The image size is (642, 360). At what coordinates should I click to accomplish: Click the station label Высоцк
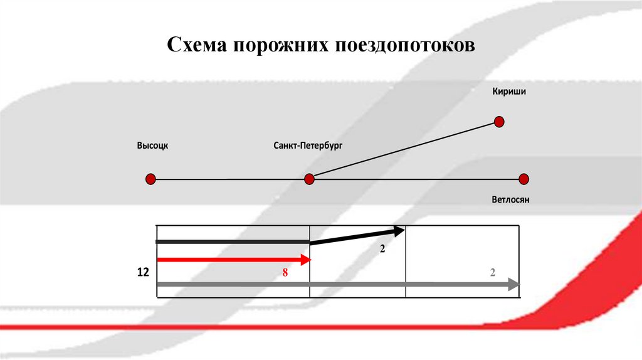[153, 146]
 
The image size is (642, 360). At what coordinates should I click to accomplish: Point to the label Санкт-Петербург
[308, 146]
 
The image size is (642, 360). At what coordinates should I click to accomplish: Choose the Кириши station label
[509, 92]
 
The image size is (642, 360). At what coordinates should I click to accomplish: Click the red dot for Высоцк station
[150, 179]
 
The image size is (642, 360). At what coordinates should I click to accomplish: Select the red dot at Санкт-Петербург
[309, 179]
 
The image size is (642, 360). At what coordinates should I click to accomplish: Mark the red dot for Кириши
[500, 121]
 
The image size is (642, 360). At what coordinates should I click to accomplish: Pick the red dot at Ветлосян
[524, 179]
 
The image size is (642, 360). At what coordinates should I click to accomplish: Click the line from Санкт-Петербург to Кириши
[404, 150]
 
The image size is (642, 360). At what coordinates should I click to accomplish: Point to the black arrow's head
[400, 231]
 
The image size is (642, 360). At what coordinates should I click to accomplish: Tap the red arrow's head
[306, 260]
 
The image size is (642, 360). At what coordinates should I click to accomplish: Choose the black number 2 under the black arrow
[382, 249]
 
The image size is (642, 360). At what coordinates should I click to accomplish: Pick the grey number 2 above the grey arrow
[493, 272]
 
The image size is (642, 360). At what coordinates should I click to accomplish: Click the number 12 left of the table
[143, 273]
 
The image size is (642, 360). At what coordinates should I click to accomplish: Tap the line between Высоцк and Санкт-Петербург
[229, 179]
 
